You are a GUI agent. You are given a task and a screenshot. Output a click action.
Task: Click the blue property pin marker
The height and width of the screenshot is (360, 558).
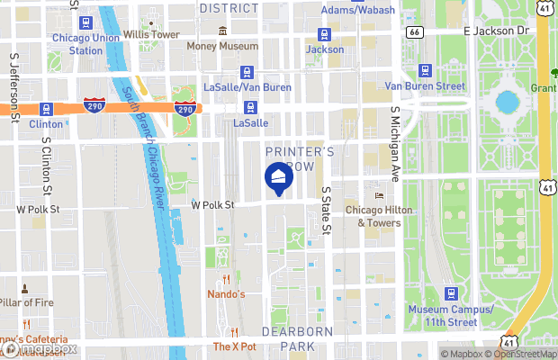[x=276, y=177]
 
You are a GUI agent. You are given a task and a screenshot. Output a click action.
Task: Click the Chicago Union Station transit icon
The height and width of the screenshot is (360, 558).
[x=85, y=22]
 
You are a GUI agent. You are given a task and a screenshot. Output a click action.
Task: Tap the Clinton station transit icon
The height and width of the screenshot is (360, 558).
[x=46, y=109]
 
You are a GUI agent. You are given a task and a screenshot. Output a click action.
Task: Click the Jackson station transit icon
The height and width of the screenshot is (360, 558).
[x=324, y=35]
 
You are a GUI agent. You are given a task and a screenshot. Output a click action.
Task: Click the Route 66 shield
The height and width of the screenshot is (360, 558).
[x=414, y=31]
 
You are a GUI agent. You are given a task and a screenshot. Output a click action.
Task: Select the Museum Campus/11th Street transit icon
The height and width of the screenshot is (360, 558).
[x=451, y=294]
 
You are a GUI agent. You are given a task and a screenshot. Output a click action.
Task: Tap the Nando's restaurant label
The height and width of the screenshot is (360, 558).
[x=226, y=294]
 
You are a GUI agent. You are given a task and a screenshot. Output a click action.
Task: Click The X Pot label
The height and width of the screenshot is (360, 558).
[x=235, y=346]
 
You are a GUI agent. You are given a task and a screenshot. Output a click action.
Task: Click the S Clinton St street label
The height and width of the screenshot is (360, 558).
[x=46, y=166]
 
